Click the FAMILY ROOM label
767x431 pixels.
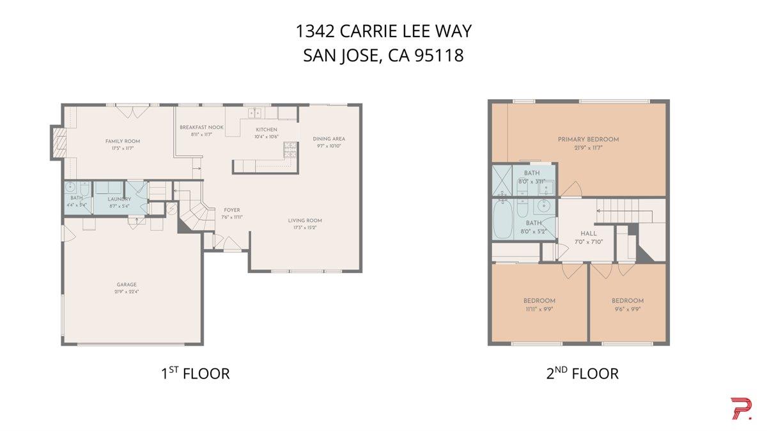click(x=123, y=141)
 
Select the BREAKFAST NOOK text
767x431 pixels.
click(x=201, y=127)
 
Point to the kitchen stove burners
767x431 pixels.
click(x=290, y=150)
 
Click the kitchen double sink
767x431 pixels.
click(x=255, y=113)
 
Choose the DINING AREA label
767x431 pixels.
click(x=329, y=139)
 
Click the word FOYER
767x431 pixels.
click(x=231, y=210)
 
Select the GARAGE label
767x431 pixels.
click(x=127, y=285)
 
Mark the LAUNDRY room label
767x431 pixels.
click(x=120, y=199)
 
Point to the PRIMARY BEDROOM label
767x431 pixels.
click(x=588, y=139)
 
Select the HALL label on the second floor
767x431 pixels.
click(x=588, y=233)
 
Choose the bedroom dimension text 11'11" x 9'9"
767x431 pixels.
click(x=539, y=308)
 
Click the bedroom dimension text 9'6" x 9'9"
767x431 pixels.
click(x=627, y=308)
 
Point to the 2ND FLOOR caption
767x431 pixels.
click(x=582, y=373)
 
